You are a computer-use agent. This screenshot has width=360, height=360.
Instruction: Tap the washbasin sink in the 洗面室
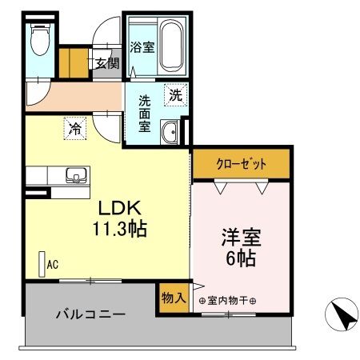pyautogui.click(x=170, y=132)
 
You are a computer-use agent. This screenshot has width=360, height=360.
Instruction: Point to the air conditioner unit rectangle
pyautogui.click(x=42, y=264)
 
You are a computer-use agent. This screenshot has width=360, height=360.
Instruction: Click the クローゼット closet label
pyautogui.click(x=241, y=165)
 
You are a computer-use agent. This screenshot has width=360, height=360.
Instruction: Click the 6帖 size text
pyautogui.click(x=240, y=260)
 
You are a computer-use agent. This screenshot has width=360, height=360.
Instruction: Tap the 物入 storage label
pyautogui.click(x=174, y=298)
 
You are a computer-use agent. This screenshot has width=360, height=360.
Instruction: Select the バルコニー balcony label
pyautogui.click(x=90, y=315)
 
